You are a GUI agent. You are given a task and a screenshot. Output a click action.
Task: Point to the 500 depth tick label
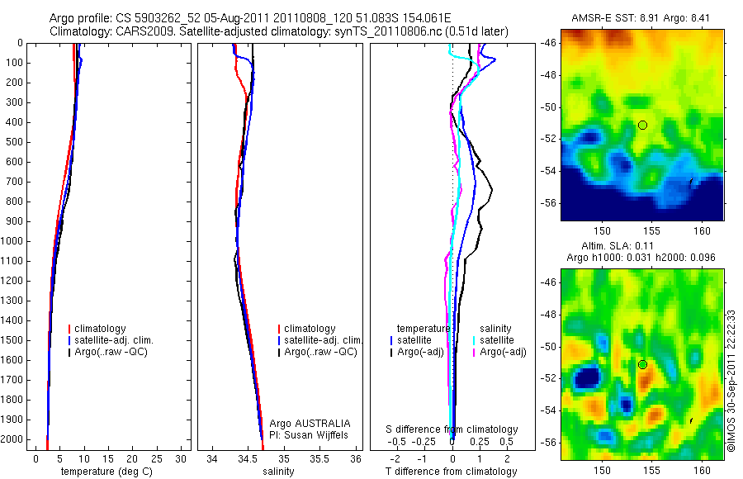coord(14,142)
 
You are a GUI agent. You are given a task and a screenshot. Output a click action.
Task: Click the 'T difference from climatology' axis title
coord(451,472)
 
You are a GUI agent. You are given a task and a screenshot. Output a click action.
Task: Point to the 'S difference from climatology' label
coord(452,429)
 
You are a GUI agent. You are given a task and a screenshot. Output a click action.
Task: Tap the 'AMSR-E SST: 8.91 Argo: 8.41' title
coord(644,18)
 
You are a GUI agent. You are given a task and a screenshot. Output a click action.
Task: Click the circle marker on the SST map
coord(642,125)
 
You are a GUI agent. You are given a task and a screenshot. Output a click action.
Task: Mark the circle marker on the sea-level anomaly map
coord(642,364)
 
